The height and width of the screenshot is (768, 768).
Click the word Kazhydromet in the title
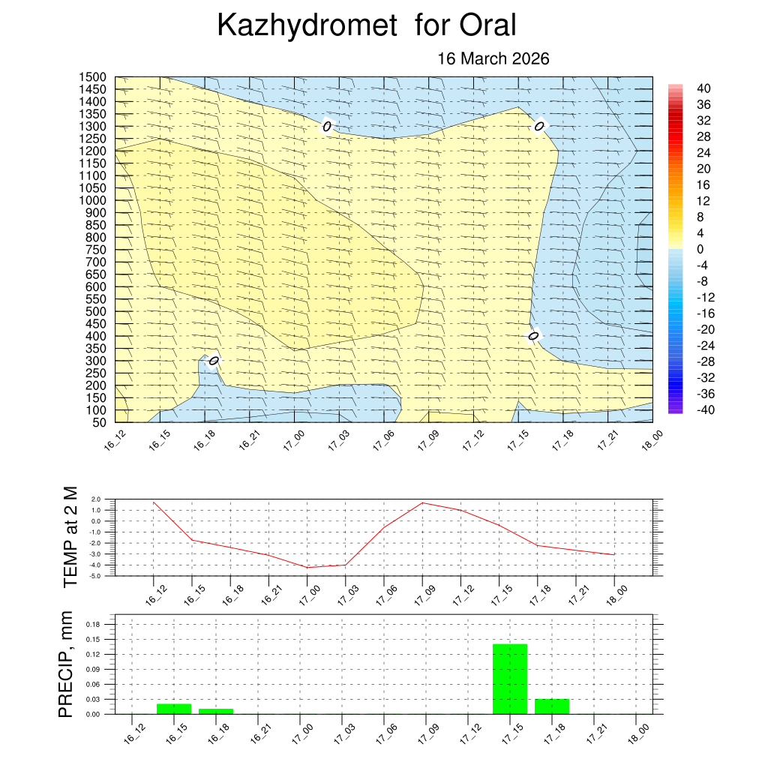[x=307, y=25]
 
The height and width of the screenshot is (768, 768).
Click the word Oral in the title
[x=488, y=25]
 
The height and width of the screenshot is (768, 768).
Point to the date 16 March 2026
[x=493, y=58]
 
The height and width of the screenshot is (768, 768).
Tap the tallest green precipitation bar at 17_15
[x=510, y=679]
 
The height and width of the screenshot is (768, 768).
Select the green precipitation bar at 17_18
[x=552, y=706]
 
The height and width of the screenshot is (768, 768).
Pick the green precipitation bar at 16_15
[x=174, y=709]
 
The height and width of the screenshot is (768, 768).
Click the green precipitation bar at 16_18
[x=216, y=711]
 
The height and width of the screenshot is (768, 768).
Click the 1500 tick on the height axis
[x=95, y=77]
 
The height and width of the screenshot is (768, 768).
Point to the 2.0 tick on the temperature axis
[x=96, y=499]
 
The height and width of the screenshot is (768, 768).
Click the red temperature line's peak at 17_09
[x=422, y=502]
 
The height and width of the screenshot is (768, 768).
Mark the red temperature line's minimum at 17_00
[x=307, y=567]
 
